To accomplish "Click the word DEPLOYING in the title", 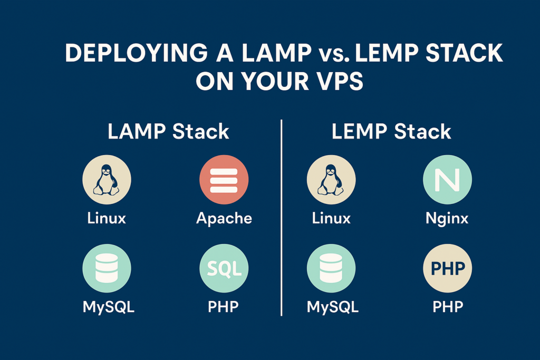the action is click(137, 53).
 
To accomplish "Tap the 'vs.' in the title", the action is click(333, 54).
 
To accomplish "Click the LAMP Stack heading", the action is click(168, 131).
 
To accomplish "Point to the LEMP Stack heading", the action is click(391, 131).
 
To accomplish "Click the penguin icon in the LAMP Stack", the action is click(107, 180).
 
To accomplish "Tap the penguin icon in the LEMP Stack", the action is click(331, 180).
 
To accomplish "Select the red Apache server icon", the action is click(224, 180).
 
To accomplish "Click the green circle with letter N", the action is click(447, 180).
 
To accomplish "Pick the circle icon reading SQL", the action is click(224, 268).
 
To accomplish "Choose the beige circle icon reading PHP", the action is click(447, 268).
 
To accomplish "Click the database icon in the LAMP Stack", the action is click(107, 268).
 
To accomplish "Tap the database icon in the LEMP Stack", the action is click(331, 268).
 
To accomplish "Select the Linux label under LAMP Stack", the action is click(107, 218).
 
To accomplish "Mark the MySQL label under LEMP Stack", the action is click(333, 307).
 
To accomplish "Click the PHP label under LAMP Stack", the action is click(223, 306).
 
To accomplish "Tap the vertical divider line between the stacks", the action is click(282, 218).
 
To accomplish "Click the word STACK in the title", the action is click(464, 53).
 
